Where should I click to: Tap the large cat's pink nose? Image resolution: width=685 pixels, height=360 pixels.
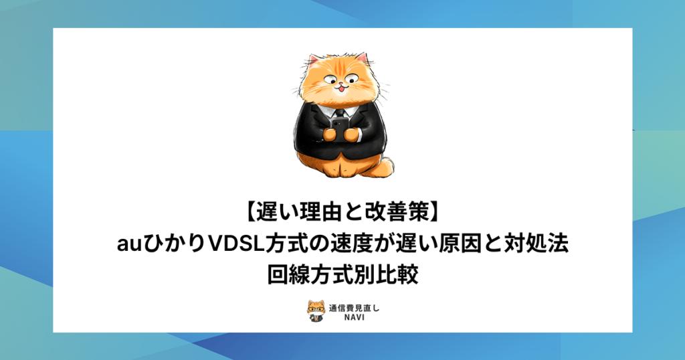point(340,84)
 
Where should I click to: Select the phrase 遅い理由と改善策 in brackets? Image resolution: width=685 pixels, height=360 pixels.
point(342,213)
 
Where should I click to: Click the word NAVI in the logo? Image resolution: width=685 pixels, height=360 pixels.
point(353,317)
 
